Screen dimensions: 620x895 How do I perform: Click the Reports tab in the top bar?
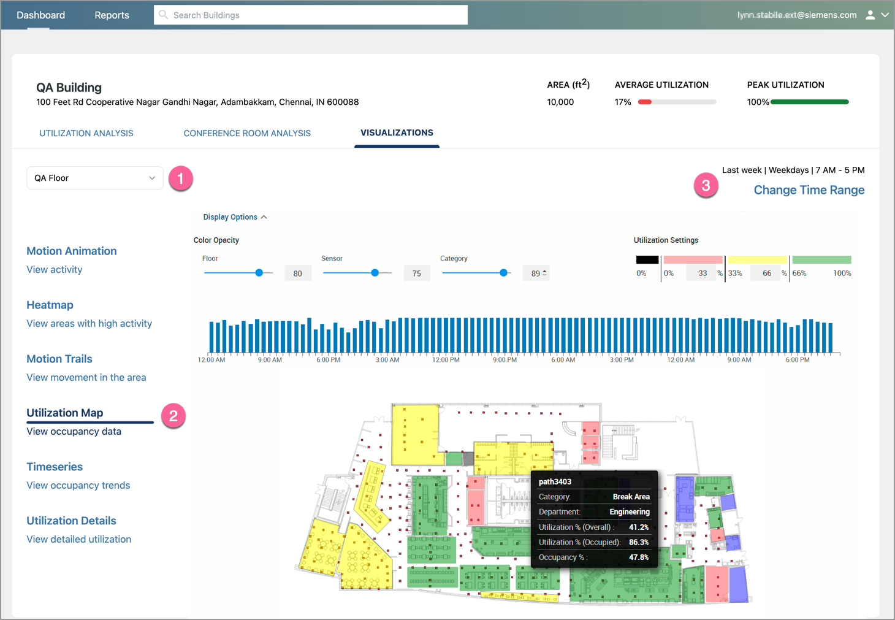(112, 15)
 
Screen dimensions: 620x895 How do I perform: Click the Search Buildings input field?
(311, 15)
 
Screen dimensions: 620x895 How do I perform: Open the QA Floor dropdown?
(95, 178)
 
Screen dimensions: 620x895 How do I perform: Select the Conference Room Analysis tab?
(247, 133)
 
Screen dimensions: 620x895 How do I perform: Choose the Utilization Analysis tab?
(86, 133)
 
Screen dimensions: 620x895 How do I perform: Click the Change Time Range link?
(809, 190)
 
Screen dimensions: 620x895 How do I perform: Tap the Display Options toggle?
(235, 217)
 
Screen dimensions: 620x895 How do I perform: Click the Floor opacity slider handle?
(259, 273)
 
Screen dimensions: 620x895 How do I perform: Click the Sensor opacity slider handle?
(375, 273)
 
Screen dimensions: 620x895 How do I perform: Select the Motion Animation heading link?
(72, 251)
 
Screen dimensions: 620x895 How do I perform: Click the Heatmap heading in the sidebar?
(50, 305)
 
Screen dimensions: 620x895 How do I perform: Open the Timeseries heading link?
(55, 467)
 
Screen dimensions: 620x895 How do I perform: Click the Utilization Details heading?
(71, 521)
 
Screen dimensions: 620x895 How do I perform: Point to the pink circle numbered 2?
(173, 416)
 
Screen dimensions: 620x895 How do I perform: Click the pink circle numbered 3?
(706, 185)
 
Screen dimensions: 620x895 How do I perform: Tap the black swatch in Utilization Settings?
(647, 259)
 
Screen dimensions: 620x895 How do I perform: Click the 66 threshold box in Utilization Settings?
(767, 274)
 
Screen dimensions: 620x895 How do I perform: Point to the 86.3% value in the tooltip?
(638, 542)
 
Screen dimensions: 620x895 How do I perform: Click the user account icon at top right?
(870, 15)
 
